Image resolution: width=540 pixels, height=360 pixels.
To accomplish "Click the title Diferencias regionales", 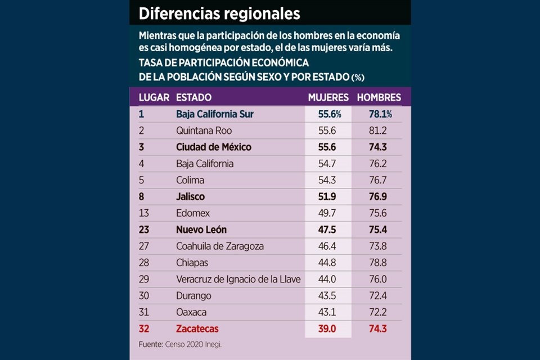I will [x=219, y=13].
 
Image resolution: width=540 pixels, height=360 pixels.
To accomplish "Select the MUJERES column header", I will [x=328, y=97].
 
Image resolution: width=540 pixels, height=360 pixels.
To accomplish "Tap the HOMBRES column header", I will [x=379, y=97].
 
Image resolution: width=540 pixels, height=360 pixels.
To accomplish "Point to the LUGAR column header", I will [x=154, y=97].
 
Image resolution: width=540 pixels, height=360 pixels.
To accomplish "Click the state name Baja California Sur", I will [x=214, y=114].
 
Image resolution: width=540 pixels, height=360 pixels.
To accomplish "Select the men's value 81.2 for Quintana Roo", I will [x=376, y=130].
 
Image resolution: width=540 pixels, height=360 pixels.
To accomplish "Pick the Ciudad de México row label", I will [x=213, y=147].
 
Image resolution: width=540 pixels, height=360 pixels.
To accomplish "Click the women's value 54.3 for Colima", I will [x=326, y=180].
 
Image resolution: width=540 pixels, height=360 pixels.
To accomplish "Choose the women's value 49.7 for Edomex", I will [x=326, y=213].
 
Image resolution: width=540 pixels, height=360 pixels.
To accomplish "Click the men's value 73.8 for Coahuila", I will [x=376, y=246].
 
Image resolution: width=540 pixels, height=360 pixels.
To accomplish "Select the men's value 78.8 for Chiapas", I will [x=376, y=263].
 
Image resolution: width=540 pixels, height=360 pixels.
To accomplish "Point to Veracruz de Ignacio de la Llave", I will [x=238, y=279].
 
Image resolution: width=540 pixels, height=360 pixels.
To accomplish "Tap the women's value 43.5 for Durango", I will [x=326, y=295].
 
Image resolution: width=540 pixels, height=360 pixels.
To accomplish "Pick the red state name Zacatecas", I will [x=197, y=328].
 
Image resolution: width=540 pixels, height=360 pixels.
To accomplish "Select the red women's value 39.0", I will [x=326, y=328].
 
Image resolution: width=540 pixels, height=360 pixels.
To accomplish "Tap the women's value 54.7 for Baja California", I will [x=326, y=164].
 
